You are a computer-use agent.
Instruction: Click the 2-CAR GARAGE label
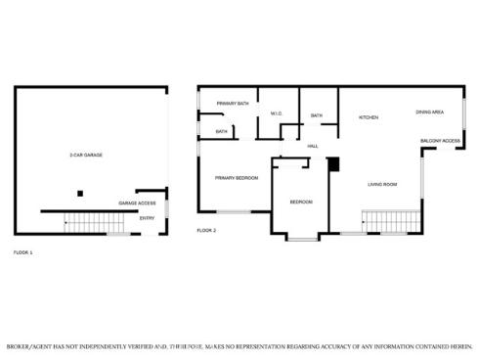pos(86,156)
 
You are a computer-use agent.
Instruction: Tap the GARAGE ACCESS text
pos(137,203)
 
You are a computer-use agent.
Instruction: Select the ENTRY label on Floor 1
pos(147,218)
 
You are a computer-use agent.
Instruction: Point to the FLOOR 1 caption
pos(22,252)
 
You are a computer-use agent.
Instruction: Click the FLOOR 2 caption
pos(206,230)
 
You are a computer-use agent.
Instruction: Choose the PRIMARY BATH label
pos(233,103)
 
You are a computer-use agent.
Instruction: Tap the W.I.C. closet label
pos(277,115)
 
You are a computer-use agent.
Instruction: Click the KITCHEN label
pos(369,117)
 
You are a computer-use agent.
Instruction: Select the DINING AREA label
pos(430,112)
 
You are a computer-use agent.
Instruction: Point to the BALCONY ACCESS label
pos(440,141)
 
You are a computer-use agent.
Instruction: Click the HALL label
pos(313,146)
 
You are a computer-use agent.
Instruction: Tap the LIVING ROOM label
pos(382,184)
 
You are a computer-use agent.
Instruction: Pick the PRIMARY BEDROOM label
pos(237,177)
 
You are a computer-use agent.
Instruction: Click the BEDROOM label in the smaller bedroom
pos(301,202)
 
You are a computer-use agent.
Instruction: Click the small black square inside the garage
pos(81,193)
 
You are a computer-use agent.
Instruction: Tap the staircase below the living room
pos(384,223)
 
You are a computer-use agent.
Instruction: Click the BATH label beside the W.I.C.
pos(317,115)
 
